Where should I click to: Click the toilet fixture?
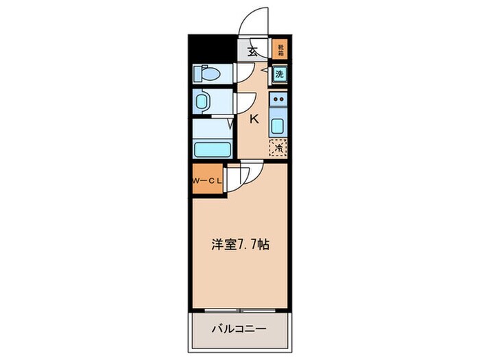point(206,73)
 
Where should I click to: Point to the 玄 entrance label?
point(252,49)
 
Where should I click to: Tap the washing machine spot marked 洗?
point(279,74)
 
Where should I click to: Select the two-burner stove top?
point(278,102)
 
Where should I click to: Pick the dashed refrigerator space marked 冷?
point(278,146)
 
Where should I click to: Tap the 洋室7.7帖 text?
point(239,244)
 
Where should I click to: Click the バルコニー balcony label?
point(239,328)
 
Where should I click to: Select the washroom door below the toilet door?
point(242,104)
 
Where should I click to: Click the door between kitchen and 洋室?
point(250,176)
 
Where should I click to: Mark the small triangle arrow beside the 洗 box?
point(265,69)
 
